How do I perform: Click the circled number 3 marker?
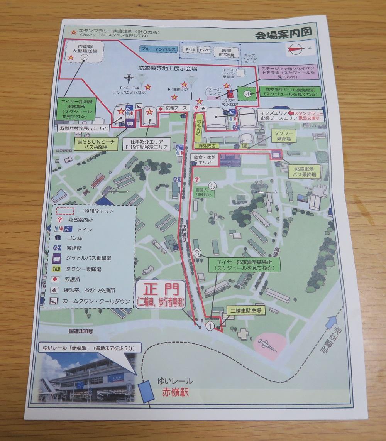197,253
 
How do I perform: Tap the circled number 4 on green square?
247,93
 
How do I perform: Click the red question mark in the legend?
60,219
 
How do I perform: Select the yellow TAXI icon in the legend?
56,268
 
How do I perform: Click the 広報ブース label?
176,108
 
